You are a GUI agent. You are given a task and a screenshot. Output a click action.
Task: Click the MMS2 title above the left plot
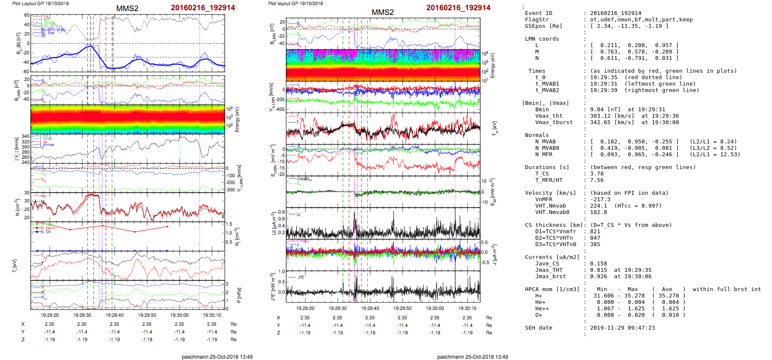127,9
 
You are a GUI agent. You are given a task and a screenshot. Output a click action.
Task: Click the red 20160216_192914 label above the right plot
458,8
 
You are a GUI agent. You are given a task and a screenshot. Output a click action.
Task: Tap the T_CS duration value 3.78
597,174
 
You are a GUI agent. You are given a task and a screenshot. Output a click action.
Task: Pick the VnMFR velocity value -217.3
600,199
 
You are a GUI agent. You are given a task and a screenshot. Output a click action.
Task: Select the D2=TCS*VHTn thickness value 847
595,238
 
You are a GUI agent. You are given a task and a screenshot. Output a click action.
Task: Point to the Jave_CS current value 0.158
598,264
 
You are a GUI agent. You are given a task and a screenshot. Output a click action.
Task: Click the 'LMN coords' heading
542,39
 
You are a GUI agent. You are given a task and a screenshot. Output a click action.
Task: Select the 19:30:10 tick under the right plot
467,308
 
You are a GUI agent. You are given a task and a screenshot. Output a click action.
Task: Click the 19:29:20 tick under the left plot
50,315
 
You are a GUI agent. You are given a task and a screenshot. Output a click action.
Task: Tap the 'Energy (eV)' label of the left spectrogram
238,119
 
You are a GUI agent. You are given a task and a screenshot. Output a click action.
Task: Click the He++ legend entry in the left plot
50,228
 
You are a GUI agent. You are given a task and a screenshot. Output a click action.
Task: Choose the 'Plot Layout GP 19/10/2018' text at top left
40,3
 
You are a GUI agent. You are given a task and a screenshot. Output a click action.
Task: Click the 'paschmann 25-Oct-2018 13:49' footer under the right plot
472,357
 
